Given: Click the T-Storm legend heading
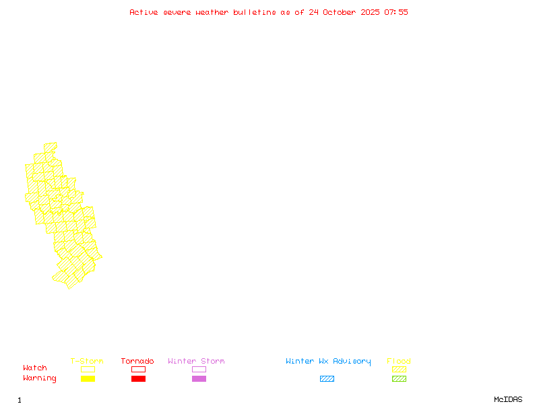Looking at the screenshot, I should [87, 362].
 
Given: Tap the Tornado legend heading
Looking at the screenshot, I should [137, 362].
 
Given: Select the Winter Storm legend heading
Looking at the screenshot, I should [196, 362].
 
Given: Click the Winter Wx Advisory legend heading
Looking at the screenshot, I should [328, 362].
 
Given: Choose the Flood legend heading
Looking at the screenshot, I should [399, 362].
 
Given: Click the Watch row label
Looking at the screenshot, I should [35, 368].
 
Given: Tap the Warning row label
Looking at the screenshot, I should [40, 378].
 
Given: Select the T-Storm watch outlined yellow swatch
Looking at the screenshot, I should [88, 369].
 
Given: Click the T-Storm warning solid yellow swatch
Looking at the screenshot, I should [88, 379].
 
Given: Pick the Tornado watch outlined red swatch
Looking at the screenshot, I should [138, 369].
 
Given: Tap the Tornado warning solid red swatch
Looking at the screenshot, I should [138, 379].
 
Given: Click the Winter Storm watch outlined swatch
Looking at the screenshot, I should [199, 369].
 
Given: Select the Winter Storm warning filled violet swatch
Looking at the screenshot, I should [199, 379].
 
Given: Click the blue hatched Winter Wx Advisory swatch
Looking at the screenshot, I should [327, 379].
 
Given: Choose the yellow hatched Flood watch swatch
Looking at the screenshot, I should [399, 369].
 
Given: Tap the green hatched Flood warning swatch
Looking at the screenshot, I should [399, 379].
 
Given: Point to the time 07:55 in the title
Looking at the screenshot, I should [396, 12].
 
